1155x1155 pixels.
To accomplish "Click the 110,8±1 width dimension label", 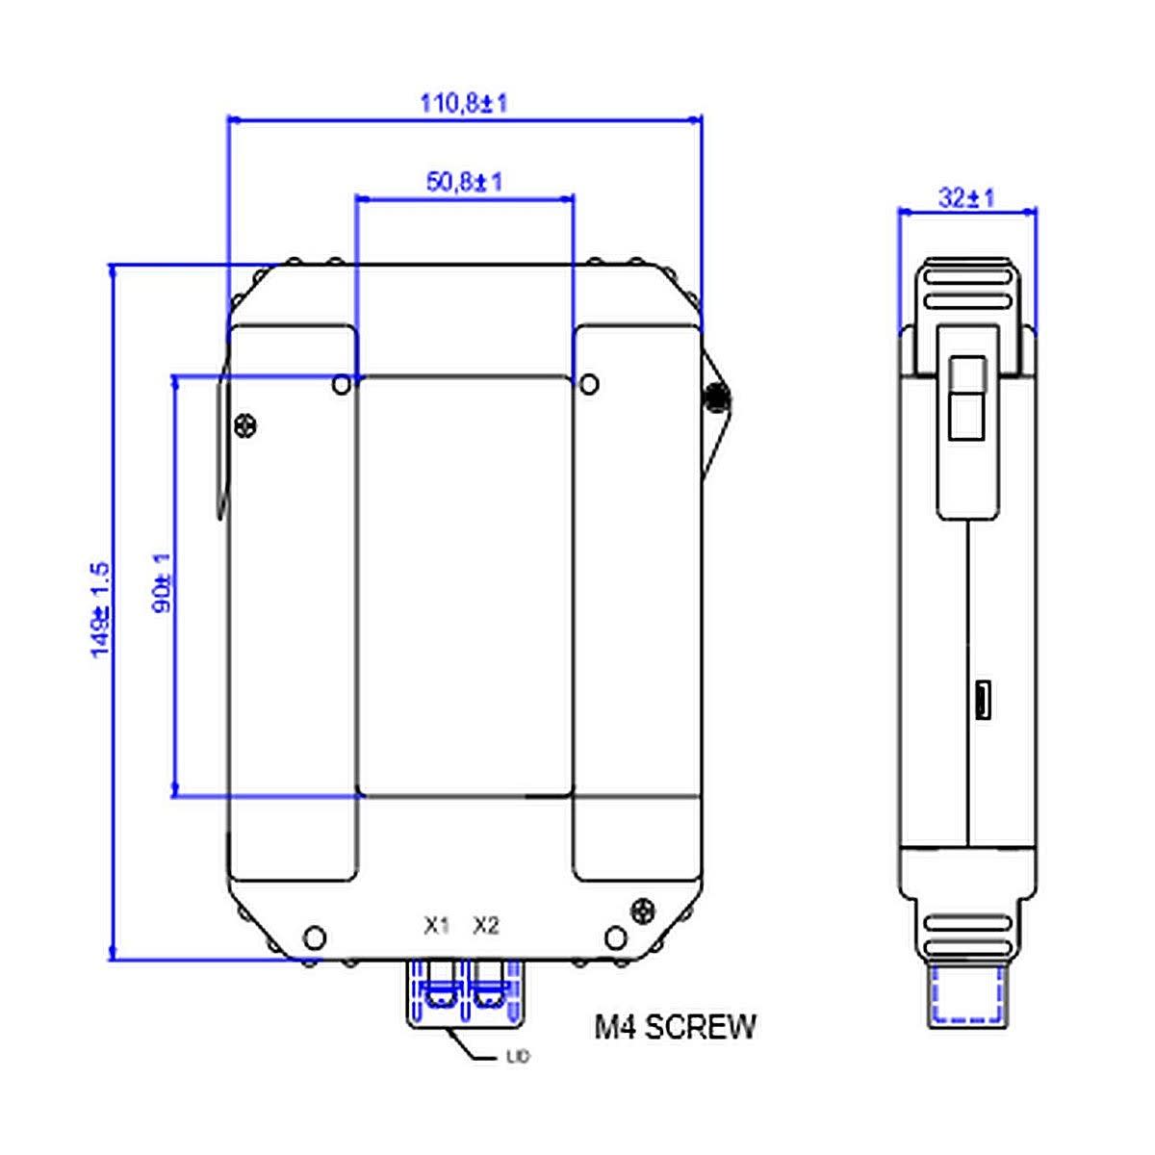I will [x=463, y=103].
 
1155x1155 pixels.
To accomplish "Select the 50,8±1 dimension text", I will [x=464, y=181].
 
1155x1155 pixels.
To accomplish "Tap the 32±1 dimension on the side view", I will [x=966, y=198].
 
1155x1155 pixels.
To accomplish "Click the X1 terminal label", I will [x=437, y=926].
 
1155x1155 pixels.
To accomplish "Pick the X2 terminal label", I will [x=486, y=926].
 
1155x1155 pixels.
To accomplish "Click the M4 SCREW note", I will [x=675, y=1027].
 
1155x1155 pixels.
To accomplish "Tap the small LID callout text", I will [x=518, y=1057].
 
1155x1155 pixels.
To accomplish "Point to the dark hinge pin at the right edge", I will [x=715, y=397].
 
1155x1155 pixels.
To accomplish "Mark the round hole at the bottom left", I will [x=314, y=937].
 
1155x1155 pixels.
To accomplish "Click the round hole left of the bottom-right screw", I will [x=616, y=937].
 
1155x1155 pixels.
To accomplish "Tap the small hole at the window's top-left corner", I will [x=341, y=385].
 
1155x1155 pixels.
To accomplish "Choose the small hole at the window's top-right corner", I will [x=590, y=385].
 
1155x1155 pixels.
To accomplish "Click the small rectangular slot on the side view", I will [x=983, y=700].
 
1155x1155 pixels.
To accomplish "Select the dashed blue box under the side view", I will [x=966, y=994].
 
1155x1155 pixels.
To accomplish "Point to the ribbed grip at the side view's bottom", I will [x=966, y=934].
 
